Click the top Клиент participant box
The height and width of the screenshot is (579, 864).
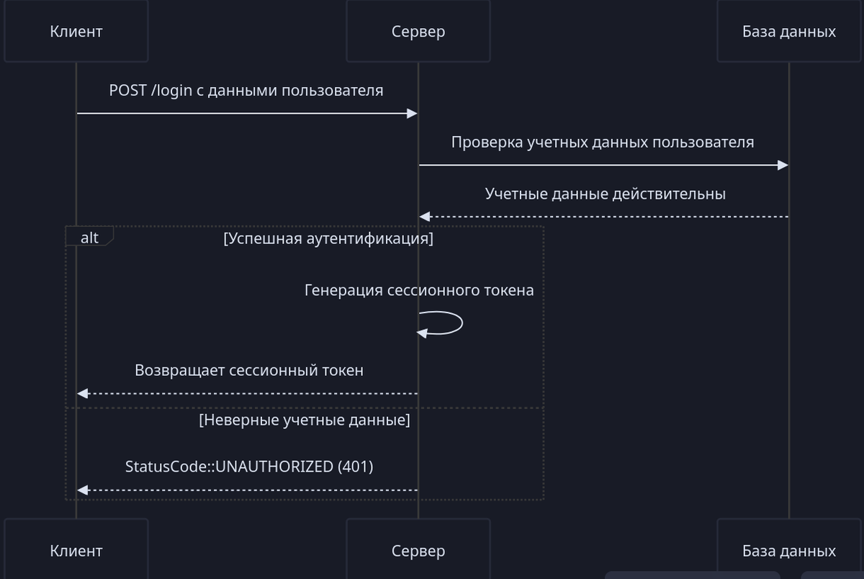(x=76, y=31)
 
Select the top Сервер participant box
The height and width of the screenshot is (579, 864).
(x=418, y=31)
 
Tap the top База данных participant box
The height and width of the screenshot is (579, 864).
(x=788, y=31)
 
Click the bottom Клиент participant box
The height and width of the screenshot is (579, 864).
(x=76, y=550)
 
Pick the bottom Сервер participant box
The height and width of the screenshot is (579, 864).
(x=418, y=550)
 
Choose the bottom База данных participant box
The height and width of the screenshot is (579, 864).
(x=788, y=550)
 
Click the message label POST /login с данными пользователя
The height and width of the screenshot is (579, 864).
(x=246, y=91)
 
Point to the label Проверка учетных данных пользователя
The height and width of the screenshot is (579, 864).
(x=603, y=142)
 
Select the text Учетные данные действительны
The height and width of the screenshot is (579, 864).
(x=605, y=194)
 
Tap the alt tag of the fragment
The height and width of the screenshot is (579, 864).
(x=89, y=237)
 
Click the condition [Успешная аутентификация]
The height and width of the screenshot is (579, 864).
(x=328, y=238)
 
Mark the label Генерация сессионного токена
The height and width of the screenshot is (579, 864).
(x=419, y=290)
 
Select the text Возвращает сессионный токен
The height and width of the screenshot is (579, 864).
(x=248, y=370)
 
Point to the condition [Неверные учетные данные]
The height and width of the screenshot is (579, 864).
(x=305, y=419)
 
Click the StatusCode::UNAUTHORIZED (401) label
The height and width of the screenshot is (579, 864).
(x=249, y=466)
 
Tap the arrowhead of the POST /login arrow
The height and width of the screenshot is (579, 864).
(x=413, y=114)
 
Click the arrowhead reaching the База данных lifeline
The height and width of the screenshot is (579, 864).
(x=783, y=166)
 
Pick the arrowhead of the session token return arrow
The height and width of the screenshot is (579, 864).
(x=83, y=393)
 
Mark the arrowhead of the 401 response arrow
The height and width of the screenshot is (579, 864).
(x=83, y=490)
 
